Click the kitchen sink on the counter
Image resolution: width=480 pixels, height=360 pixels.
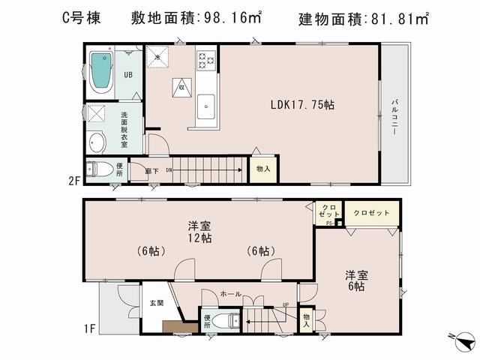[x=206, y=107]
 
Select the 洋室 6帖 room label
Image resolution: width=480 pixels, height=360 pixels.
[x=355, y=280]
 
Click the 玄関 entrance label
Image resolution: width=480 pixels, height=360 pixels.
[x=155, y=303]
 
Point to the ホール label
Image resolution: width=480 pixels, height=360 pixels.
[x=231, y=294]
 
